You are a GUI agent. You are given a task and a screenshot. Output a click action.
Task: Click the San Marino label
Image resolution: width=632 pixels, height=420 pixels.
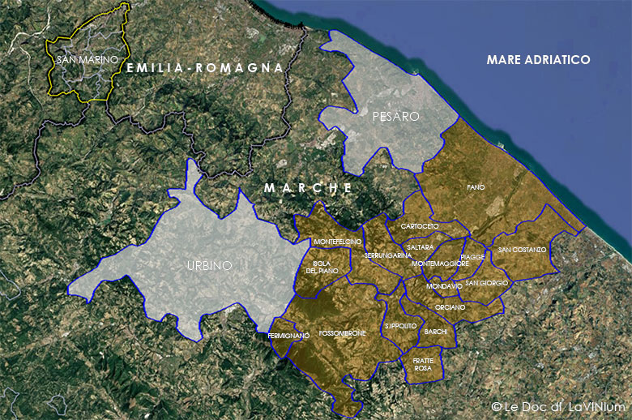88,60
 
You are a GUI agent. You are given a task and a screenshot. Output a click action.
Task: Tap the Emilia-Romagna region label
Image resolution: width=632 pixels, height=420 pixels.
205,68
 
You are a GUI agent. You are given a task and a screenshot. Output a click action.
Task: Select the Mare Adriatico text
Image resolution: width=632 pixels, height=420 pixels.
538,60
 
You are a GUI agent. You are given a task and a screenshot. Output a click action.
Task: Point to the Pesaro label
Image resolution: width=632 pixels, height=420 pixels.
395,117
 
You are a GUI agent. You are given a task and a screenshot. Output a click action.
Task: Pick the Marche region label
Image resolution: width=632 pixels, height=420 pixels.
308,187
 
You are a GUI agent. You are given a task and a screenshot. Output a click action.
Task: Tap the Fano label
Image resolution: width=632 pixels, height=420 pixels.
476,187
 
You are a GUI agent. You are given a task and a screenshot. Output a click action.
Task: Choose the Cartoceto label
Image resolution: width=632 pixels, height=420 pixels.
420,226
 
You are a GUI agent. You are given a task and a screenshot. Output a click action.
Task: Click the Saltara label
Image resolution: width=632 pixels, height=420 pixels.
421,246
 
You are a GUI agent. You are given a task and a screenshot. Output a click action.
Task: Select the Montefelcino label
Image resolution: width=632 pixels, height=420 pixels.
337,242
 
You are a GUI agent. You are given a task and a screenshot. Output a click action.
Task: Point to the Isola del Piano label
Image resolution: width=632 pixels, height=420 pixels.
322,267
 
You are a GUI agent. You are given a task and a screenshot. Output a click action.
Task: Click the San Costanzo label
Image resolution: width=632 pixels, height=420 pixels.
522,250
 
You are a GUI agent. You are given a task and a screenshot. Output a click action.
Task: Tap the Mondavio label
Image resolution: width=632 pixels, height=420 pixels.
444,286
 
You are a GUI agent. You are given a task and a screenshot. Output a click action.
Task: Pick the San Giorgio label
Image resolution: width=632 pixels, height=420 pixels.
487,283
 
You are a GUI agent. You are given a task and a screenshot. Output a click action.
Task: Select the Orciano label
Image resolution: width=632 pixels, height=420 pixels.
450,307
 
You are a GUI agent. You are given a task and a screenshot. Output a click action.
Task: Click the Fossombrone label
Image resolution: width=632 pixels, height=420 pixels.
343,333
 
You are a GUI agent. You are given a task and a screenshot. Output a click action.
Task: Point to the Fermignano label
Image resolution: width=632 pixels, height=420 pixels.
288,336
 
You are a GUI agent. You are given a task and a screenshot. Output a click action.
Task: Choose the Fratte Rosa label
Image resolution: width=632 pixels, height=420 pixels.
423,364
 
